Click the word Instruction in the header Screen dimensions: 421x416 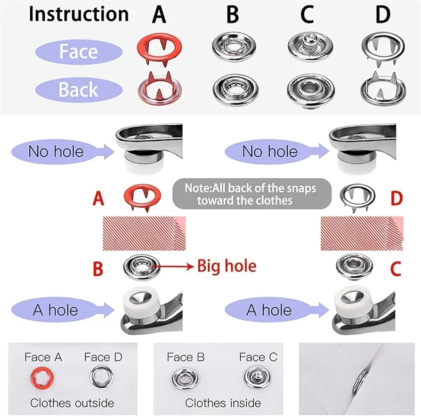tap(78, 14)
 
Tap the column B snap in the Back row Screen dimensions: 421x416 tap(235, 90)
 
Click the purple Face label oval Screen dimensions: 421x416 tap(79, 52)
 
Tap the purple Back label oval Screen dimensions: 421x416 tap(79, 89)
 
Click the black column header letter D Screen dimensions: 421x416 tap(383, 15)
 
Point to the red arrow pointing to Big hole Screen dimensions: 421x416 tap(173, 266)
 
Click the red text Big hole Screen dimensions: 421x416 tap(227, 266)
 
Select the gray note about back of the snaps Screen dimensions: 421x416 tap(252, 194)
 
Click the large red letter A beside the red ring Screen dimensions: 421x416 tap(98, 199)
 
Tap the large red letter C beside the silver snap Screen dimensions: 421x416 tap(396, 269)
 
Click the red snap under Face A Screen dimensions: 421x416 tap(42, 378)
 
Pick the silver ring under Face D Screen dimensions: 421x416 tap(102, 377)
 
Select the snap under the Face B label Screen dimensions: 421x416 tap(185, 379)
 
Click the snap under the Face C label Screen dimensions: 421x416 tap(257, 377)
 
